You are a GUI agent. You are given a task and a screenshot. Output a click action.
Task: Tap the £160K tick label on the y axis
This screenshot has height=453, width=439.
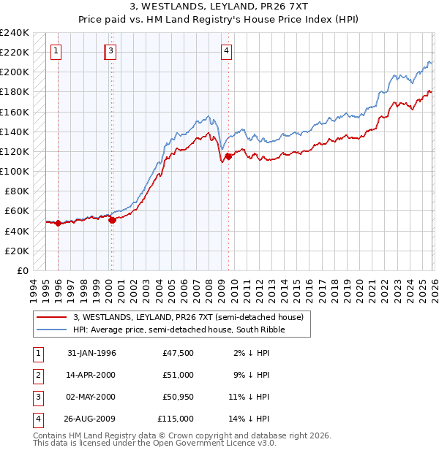[x=15, y=112]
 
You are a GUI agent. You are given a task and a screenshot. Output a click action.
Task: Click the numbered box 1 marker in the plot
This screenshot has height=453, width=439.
[x=57, y=50]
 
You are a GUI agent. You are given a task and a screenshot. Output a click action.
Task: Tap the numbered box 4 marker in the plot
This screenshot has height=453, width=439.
[x=227, y=50]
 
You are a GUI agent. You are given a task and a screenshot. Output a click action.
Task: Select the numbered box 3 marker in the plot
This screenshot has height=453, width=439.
[x=110, y=50]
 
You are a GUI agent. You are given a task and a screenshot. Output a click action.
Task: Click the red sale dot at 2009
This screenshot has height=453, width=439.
[x=228, y=156]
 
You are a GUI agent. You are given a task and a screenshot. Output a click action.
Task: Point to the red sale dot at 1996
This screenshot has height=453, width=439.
[x=59, y=224]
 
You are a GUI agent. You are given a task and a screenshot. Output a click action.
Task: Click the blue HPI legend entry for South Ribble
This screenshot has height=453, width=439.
[x=179, y=330]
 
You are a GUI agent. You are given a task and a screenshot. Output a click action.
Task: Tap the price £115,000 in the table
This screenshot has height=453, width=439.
[x=176, y=419]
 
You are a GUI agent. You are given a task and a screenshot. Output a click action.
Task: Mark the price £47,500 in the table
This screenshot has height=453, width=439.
[x=179, y=353]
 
